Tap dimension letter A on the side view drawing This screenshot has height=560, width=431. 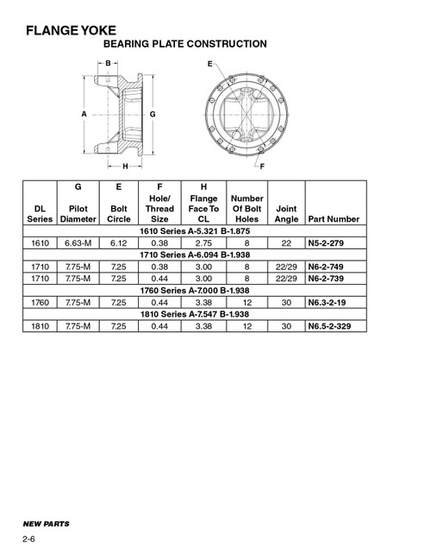pyautogui.click(x=84, y=113)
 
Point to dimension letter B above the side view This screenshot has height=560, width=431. pyautogui.click(x=108, y=63)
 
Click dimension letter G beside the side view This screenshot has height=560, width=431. pyautogui.click(x=153, y=113)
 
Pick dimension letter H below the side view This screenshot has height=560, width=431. pyautogui.click(x=125, y=166)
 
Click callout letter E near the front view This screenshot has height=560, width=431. pyautogui.click(x=209, y=64)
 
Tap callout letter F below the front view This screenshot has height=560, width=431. pyautogui.click(x=262, y=164)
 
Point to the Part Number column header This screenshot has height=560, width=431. pyautogui.click(x=333, y=220)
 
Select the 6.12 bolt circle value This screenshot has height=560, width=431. pyautogui.click(x=117, y=245)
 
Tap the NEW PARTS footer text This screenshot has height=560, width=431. pyautogui.click(x=47, y=523)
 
